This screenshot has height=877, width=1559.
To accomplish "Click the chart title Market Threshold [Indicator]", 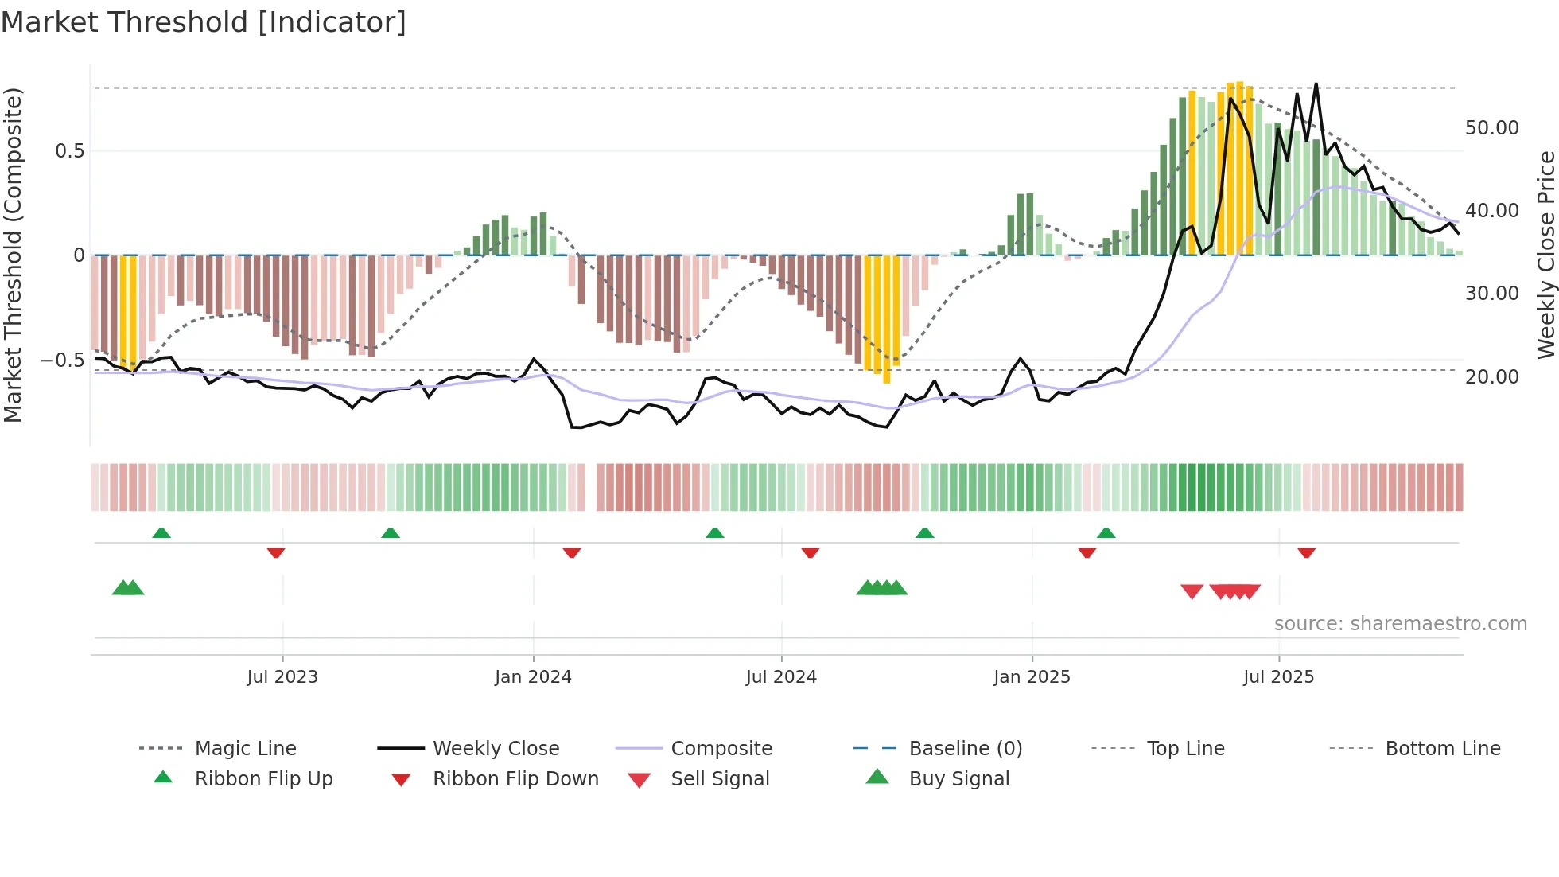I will (x=204, y=22).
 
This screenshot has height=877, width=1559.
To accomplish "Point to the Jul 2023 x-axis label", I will (x=282, y=677).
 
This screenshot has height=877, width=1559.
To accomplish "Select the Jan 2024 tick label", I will (x=533, y=677).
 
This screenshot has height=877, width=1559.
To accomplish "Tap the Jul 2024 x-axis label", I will (x=781, y=677).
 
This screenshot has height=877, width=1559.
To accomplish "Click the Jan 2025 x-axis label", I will (x=1032, y=677).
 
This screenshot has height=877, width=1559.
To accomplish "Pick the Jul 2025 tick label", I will (x=1278, y=677).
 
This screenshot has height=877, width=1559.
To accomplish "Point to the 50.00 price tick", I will (x=1491, y=128).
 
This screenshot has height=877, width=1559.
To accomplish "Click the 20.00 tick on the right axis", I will (x=1491, y=377).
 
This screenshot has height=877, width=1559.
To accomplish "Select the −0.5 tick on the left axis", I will (x=63, y=361).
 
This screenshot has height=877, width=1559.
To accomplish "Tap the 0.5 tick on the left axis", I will (x=69, y=151).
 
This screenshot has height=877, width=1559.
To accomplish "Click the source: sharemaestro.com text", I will (x=1400, y=624).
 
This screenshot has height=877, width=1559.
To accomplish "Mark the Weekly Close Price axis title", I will (x=1545, y=255).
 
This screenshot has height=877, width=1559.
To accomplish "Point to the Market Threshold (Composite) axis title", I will (x=13, y=255).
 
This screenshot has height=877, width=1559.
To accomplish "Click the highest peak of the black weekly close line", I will (x=1316, y=84).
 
